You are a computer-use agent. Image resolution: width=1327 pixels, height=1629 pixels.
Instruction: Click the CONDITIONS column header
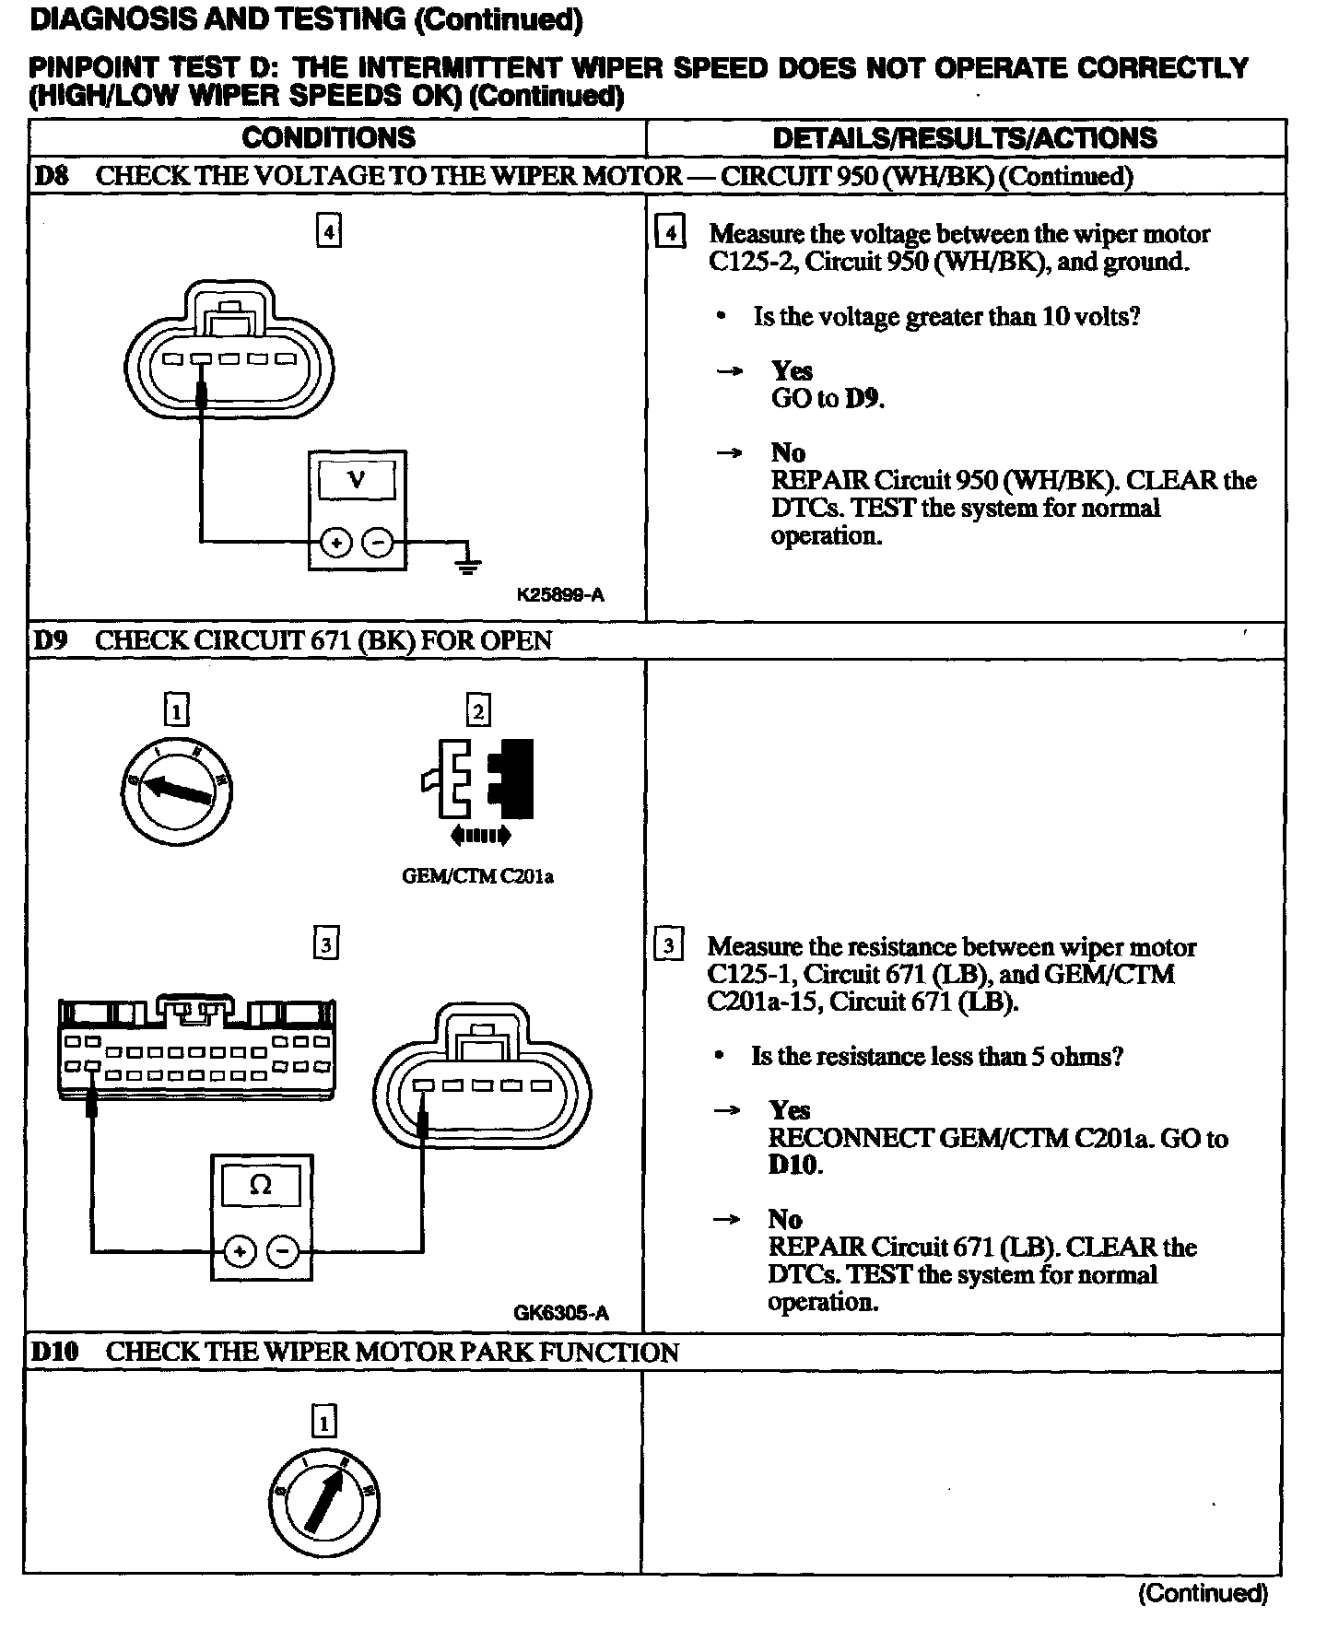(328, 138)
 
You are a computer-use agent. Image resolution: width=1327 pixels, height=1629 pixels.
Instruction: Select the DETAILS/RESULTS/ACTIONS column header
(964, 138)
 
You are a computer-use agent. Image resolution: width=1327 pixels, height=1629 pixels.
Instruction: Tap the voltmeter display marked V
(357, 480)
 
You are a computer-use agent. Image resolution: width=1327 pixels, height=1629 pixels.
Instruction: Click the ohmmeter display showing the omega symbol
(261, 1187)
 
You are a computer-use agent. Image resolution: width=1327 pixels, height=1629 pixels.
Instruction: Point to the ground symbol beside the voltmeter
(468, 563)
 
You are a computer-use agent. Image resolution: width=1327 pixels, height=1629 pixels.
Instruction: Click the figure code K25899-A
(560, 595)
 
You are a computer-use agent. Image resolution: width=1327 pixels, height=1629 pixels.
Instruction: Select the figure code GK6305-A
(560, 1313)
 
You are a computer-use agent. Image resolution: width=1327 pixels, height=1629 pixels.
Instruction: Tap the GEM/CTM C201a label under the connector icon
(477, 876)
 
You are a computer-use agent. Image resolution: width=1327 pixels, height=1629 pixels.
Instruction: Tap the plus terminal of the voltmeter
(336, 543)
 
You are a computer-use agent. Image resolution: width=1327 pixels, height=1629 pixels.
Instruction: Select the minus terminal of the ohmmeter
(284, 1251)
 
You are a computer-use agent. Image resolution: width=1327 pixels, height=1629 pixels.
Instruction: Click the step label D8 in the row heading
(52, 176)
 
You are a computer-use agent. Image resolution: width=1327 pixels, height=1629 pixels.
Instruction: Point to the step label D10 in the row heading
(55, 1352)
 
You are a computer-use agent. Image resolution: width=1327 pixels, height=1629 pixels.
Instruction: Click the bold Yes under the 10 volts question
(792, 370)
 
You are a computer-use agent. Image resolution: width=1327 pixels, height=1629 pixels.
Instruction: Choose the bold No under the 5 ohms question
(785, 1219)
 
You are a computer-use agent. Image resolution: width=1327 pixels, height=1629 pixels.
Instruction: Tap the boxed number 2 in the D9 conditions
(477, 710)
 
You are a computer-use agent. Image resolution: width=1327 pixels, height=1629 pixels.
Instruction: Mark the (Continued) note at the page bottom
(1203, 1592)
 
